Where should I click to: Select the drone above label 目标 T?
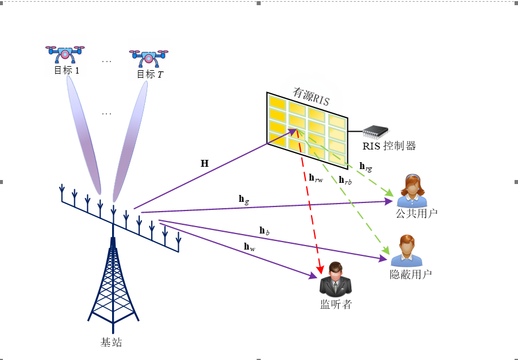tap(149, 58)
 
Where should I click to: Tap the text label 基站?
tap(112, 343)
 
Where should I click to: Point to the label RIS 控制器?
tap(389, 146)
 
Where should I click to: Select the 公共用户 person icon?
tap(412, 190)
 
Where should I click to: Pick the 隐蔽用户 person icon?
tap(407, 251)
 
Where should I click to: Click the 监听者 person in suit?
tap(336, 279)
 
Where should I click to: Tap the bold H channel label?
tap(205, 163)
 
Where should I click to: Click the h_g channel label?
tap(244, 199)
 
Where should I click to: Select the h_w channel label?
tap(250, 247)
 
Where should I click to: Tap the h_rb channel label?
tap(345, 180)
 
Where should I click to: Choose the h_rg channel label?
tap(366, 166)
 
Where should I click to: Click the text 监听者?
tap(336, 305)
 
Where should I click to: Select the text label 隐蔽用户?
tap(410, 274)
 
